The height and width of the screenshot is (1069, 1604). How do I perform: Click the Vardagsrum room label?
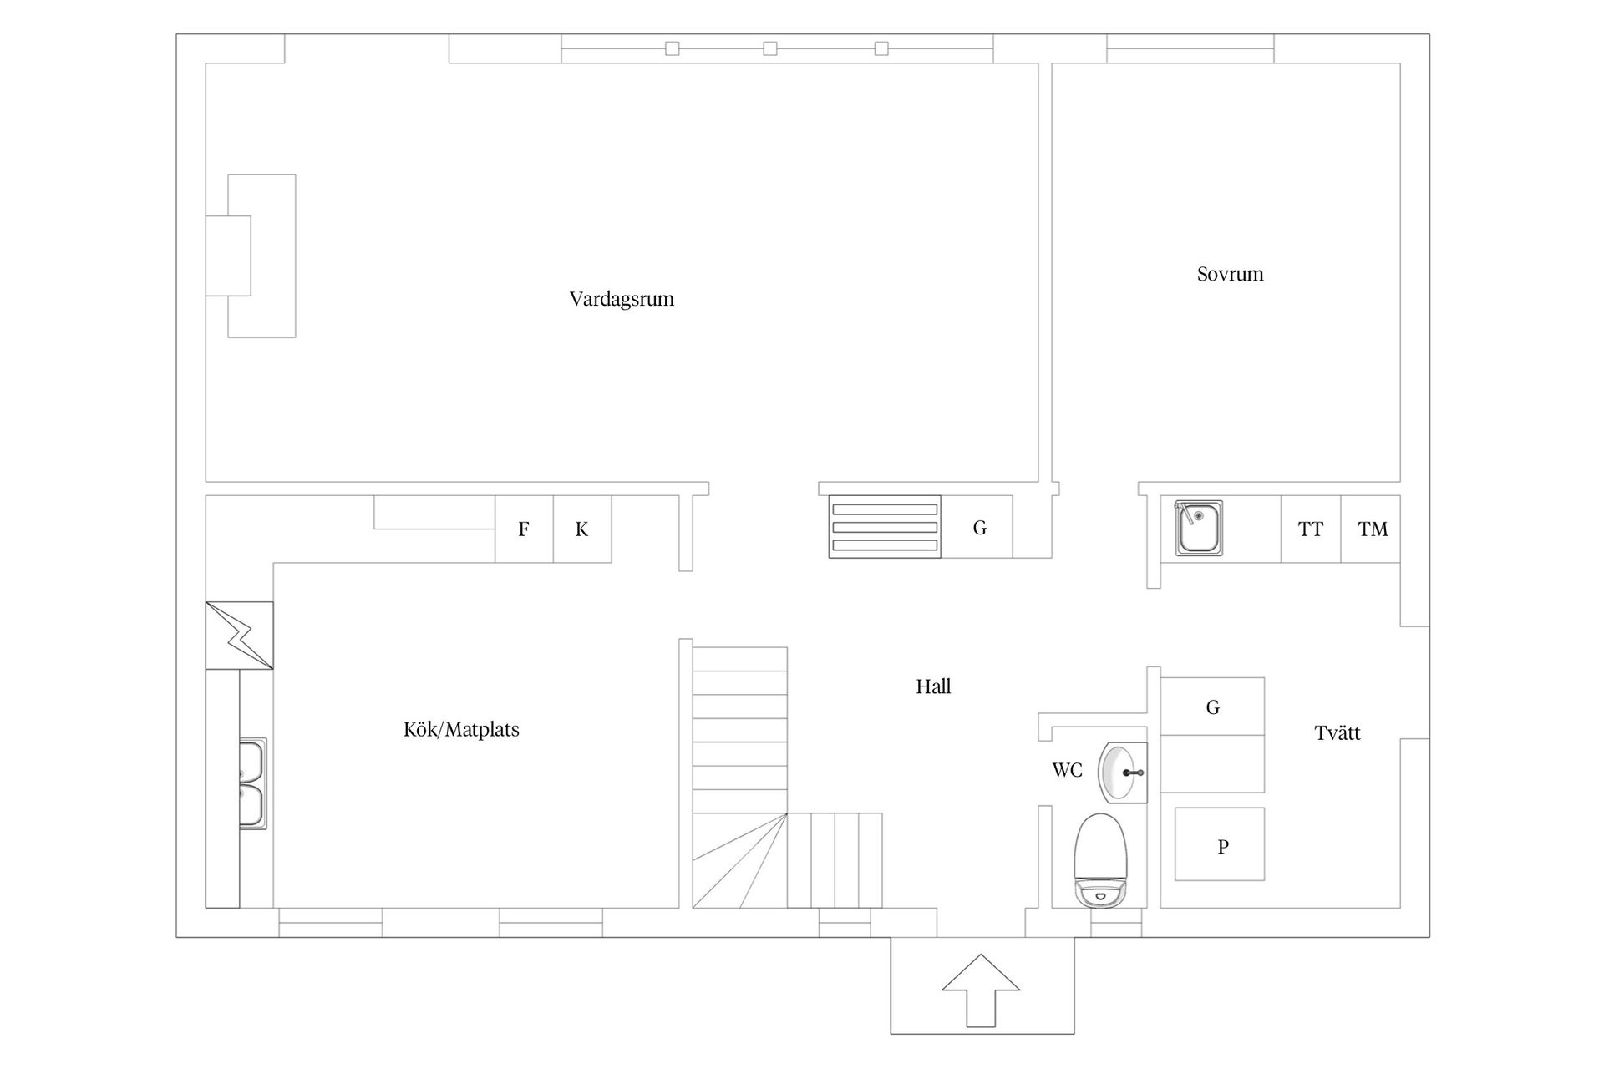click(622, 299)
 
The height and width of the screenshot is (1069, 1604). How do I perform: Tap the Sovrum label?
click(1230, 274)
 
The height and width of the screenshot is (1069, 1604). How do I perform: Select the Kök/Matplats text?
click(461, 730)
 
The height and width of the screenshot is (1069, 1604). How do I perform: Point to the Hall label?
click(933, 686)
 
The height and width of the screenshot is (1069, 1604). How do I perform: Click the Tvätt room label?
click(1338, 733)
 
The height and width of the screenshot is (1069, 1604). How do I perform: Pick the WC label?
click(1067, 770)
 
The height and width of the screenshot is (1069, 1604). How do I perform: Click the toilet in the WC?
click(1101, 861)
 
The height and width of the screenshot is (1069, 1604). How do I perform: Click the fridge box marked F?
click(524, 529)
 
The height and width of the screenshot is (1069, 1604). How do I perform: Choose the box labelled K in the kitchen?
click(582, 529)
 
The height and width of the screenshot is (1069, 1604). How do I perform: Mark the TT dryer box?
click(1311, 529)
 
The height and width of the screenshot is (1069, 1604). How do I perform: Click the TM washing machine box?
click(1371, 529)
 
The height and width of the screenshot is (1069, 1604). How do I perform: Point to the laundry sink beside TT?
click(1199, 528)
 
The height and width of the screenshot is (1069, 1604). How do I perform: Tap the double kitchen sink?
click(252, 783)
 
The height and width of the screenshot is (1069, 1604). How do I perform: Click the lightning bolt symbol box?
click(240, 636)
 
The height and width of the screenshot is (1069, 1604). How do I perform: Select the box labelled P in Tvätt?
click(1220, 844)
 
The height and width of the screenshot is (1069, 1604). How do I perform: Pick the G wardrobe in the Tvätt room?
click(1212, 707)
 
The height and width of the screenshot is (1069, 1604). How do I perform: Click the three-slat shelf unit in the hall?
click(885, 527)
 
